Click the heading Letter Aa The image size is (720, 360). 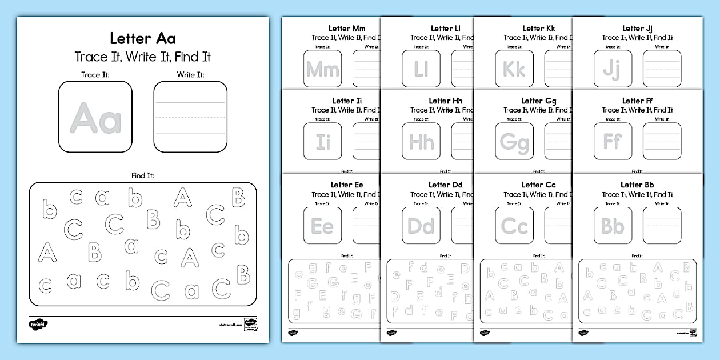143,38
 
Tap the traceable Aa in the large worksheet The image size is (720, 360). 95,118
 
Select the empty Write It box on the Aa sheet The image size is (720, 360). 190,117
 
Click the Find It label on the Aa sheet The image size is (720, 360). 143,175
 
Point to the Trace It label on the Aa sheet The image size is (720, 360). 95,74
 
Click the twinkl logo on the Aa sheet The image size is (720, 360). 38,324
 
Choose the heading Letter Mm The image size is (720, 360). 347,28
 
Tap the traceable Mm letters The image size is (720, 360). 323,69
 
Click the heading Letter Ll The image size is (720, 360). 441,28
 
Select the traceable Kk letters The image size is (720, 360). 514,69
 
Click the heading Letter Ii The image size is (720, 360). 347,101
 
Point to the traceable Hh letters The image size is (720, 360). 421,142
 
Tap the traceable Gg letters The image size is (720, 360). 514,142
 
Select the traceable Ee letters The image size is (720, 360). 323,226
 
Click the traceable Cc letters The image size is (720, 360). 514,226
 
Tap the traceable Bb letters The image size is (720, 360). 613,226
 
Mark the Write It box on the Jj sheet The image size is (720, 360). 662,69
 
